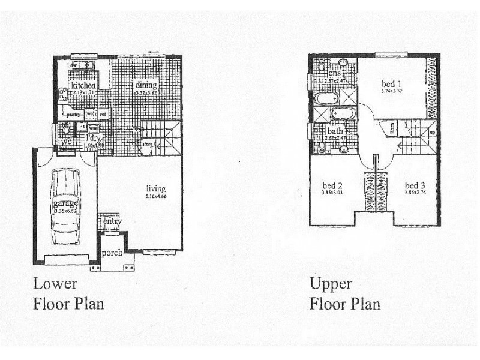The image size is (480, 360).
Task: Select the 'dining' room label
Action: click(x=146, y=85)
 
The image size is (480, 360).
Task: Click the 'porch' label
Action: click(x=112, y=253)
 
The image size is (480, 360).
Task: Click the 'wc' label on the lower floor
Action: click(x=65, y=142)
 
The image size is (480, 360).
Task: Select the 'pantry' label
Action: click(x=74, y=114)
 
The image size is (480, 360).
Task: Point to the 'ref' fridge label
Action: click(x=103, y=114)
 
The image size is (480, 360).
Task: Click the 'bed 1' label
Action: click(x=391, y=83)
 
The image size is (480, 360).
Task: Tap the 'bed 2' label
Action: click(x=332, y=185)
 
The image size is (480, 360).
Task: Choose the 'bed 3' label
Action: click(x=415, y=185)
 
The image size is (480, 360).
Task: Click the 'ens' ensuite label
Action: click(x=335, y=73)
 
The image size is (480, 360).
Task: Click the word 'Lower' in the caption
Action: click(x=55, y=283)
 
